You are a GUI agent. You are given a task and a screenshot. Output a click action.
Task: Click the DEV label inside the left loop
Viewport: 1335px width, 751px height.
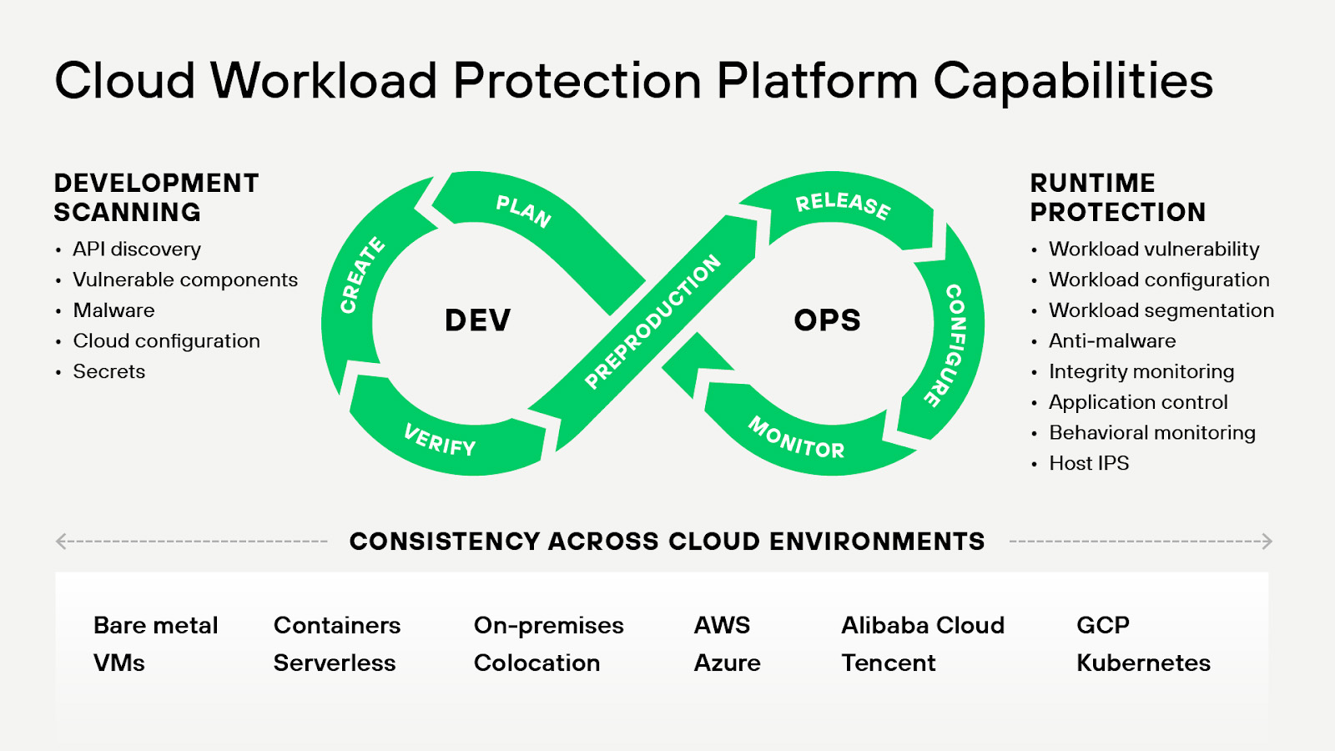tap(477, 320)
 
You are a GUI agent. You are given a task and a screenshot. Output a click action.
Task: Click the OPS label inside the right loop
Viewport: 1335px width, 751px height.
tap(827, 320)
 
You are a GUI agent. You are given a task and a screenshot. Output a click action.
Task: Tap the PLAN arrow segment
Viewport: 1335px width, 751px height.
tap(523, 211)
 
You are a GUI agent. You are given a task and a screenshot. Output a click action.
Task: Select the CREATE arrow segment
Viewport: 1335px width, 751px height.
tap(361, 275)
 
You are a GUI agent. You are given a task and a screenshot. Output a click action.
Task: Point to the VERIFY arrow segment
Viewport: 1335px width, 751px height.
tap(440, 440)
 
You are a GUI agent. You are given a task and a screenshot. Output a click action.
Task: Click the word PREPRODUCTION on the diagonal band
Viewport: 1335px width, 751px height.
tap(652, 321)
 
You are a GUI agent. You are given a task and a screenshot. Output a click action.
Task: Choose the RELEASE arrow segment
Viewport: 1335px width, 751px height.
tap(843, 205)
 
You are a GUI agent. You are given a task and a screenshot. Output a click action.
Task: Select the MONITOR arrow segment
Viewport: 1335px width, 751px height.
tap(796, 438)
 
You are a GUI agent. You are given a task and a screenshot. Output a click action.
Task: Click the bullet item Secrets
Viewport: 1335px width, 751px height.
tap(109, 371)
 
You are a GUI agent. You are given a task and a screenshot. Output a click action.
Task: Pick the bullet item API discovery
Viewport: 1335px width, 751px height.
tap(137, 249)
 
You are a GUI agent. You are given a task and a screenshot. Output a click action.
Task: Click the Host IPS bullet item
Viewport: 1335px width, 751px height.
tap(1089, 463)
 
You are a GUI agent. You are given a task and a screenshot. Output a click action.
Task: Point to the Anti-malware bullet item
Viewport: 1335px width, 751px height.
tap(1112, 341)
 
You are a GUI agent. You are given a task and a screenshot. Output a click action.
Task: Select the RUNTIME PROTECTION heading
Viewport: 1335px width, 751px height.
tap(1117, 198)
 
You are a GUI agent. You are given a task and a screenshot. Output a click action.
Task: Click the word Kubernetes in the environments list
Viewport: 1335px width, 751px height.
tap(1143, 663)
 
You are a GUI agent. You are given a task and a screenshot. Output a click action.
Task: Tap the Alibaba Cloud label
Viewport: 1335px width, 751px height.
tap(923, 625)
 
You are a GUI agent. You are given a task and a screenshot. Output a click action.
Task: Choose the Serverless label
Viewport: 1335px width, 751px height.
tap(335, 663)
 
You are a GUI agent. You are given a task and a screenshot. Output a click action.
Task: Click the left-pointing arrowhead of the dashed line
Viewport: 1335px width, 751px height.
tap(61, 542)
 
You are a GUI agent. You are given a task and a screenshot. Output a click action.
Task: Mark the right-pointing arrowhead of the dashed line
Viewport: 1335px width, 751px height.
tap(1267, 542)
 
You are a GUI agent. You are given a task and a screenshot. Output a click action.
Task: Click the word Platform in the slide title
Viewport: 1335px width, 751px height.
tap(817, 81)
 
